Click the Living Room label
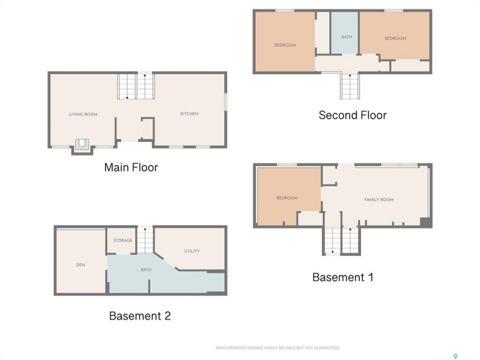point(83,114)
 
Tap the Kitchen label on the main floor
point(189,113)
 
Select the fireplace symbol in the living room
point(82,144)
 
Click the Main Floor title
point(131,167)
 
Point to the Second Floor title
point(352,115)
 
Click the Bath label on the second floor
point(346,37)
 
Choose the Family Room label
point(379,199)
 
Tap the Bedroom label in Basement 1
point(287,198)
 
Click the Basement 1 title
point(343,277)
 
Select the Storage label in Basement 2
point(123,240)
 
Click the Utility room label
point(192,251)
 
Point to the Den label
point(81,265)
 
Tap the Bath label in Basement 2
point(146,269)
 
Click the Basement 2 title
point(140,316)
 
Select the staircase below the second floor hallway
point(349,86)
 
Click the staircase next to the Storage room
point(145,240)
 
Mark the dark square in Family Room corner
point(424,222)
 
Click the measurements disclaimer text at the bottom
point(278,348)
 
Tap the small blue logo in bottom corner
point(455,356)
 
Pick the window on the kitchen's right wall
point(225,101)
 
